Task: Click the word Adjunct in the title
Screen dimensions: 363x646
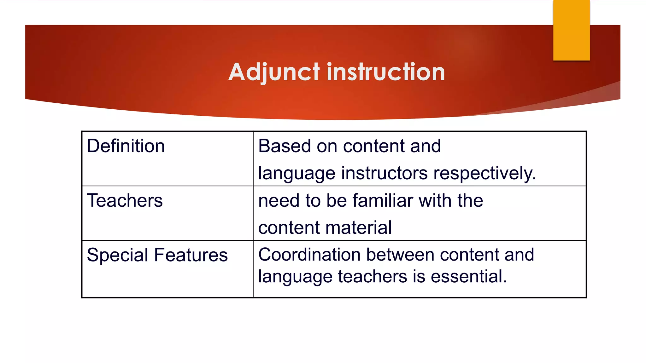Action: click(x=274, y=72)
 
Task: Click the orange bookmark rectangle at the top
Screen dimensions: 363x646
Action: click(x=571, y=30)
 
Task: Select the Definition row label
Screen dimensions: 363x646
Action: click(x=126, y=146)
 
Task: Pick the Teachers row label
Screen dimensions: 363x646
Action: click(x=125, y=201)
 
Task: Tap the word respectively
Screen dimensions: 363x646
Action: click(x=484, y=173)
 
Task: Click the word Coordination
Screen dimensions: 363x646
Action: click(x=309, y=255)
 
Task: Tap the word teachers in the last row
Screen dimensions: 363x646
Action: click(x=373, y=276)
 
